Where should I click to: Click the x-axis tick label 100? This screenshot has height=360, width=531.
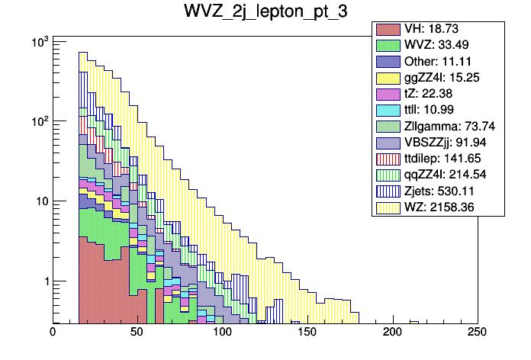222,333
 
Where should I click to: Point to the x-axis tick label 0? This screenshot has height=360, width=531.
53,333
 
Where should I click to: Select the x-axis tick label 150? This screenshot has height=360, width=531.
307,333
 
